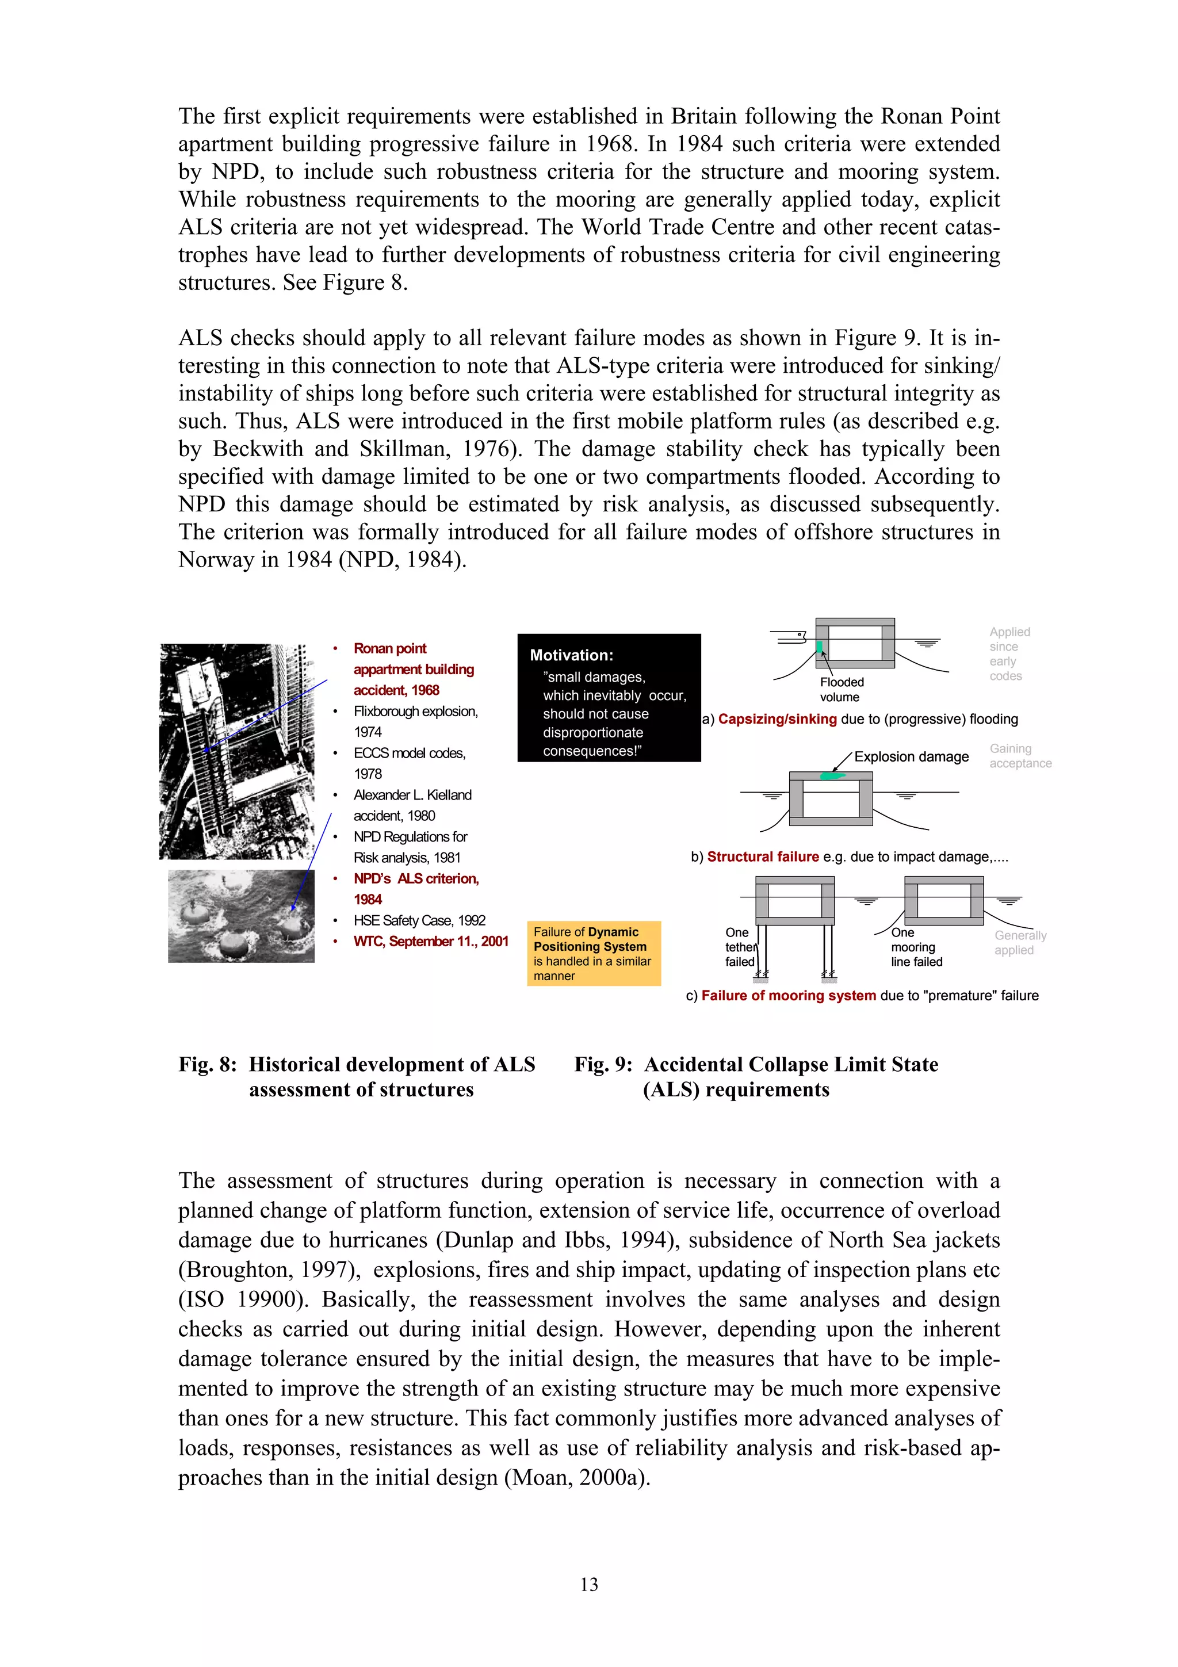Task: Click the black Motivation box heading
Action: tap(571, 655)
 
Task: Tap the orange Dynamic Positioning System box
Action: tap(594, 953)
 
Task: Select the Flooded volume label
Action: tap(841, 689)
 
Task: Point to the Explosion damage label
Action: tap(911, 756)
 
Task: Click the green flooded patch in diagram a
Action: tap(820, 647)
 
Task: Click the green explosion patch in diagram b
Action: tap(832, 776)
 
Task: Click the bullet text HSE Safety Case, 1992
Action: tap(419, 920)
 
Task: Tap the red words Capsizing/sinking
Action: tap(777, 719)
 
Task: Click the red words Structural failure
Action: tap(763, 857)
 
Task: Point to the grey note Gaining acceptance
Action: tap(1020, 756)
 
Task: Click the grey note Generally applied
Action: tap(1020, 942)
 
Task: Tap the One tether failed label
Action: tap(740, 947)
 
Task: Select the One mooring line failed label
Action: tap(915, 947)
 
